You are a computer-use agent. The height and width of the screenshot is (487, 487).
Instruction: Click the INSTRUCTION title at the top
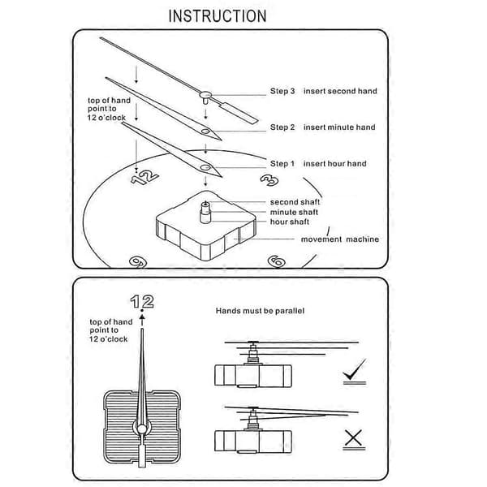[218, 16]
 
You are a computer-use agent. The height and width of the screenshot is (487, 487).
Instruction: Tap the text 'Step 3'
[282, 91]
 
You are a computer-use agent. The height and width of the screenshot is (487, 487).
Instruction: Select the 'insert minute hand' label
[339, 127]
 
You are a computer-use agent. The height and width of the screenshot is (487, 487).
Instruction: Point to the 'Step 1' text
[282, 164]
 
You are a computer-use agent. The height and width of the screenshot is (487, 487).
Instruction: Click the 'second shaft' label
[295, 202]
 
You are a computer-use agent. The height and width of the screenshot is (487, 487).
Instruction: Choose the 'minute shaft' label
[294, 212]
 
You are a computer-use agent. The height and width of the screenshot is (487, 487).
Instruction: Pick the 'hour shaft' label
[290, 222]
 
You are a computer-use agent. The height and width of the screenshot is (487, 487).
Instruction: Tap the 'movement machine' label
[340, 239]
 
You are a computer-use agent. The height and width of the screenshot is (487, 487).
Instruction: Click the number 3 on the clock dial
[269, 180]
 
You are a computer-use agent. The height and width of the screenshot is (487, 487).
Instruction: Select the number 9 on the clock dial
[138, 262]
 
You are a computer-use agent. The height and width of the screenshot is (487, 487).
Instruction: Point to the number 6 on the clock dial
[277, 261]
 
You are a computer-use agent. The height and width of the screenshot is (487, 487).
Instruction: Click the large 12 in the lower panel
[142, 302]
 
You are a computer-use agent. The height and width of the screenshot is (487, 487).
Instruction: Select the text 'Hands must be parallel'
[260, 311]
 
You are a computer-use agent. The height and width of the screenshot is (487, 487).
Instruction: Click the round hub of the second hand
[205, 94]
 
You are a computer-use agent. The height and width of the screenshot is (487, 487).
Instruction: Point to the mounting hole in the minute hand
[205, 131]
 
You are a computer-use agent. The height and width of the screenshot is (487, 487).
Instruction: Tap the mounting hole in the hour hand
[205, 168]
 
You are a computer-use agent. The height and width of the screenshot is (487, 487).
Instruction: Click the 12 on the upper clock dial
[144, 177]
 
